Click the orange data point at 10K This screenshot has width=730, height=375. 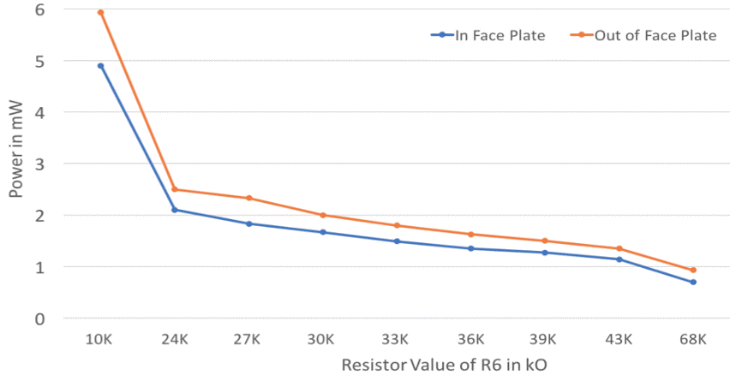point(100,13)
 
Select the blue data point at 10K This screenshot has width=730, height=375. point(100,66)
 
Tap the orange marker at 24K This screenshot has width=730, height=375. point(175,189)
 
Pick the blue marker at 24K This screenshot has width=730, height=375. point(175,210)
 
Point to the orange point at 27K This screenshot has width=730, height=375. point(248,198)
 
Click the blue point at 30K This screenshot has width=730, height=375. point(323,232)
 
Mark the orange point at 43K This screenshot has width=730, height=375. point(619,248)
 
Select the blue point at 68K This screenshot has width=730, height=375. point(693,282)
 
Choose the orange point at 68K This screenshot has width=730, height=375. point(693,270)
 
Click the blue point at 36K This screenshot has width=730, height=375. point(471,248)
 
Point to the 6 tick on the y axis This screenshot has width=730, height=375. point(39,9)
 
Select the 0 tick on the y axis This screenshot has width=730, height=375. point(39,318)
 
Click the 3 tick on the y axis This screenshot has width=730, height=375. point(39,164)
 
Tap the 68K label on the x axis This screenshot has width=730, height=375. point(693,339)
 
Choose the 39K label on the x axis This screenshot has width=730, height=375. point(545,339)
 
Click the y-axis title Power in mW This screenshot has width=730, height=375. point(15,164)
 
